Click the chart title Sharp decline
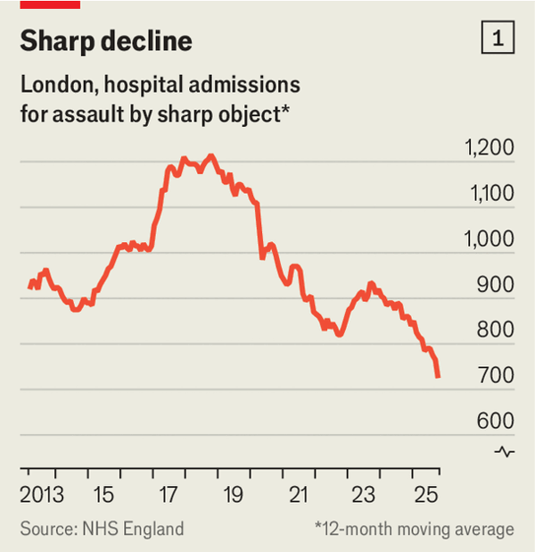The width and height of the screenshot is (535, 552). click(x=106, y=41)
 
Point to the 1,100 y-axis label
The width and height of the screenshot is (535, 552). click(x=490, y=194)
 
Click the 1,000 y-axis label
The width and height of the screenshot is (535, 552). click(x=489, y=239)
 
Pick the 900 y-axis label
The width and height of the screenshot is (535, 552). click(x=497, y=285)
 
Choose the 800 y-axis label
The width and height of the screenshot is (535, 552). click(x=497, y=330)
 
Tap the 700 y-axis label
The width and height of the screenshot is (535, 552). click(x=497, y=376)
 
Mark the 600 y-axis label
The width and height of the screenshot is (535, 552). click(x=497, y=422)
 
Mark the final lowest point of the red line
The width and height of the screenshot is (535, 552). click(x=438, y=377)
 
